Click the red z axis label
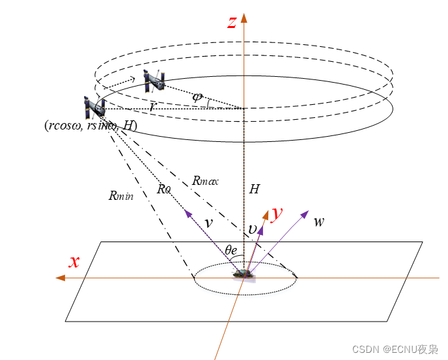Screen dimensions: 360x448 pyautogui.click(x=232, y=21)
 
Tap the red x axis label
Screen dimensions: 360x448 pyautogui.click(x=75, y=261)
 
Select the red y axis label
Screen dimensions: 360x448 pyautogui.click(x=277, y=213)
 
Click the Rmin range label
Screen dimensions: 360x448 pyautogui.click(x=121, y=195)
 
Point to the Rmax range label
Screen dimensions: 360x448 pyautogui.click(x=206, y=181)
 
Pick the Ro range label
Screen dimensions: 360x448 pyautogui.click(x=163, y=189)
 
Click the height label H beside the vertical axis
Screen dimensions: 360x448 pyautogui.click(x=255, y=189)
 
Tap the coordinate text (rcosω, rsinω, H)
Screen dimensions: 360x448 pyautogui.click(x=90, y=126)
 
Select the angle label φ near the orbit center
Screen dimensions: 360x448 pyautogui.click(x=197, y=96)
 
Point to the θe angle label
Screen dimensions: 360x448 pyautogui.click(x=231, y=249)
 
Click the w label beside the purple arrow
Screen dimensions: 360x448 pyautogui.click(x=319, y=221)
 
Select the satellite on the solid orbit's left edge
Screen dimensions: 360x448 pyautogui.click(x=94, y=108)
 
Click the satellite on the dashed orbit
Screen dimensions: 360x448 pyautogui.click(x=154, y=79)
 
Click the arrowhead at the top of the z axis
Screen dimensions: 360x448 pyautogui.click(x=244, y=16)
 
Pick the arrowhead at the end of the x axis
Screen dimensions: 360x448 pyautogui.click(x=60, y=278)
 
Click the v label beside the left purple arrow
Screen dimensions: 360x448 pyautogui.click(x=208, y=223)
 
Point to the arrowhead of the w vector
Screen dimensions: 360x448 pyautogui.click(x=305, y=213)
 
